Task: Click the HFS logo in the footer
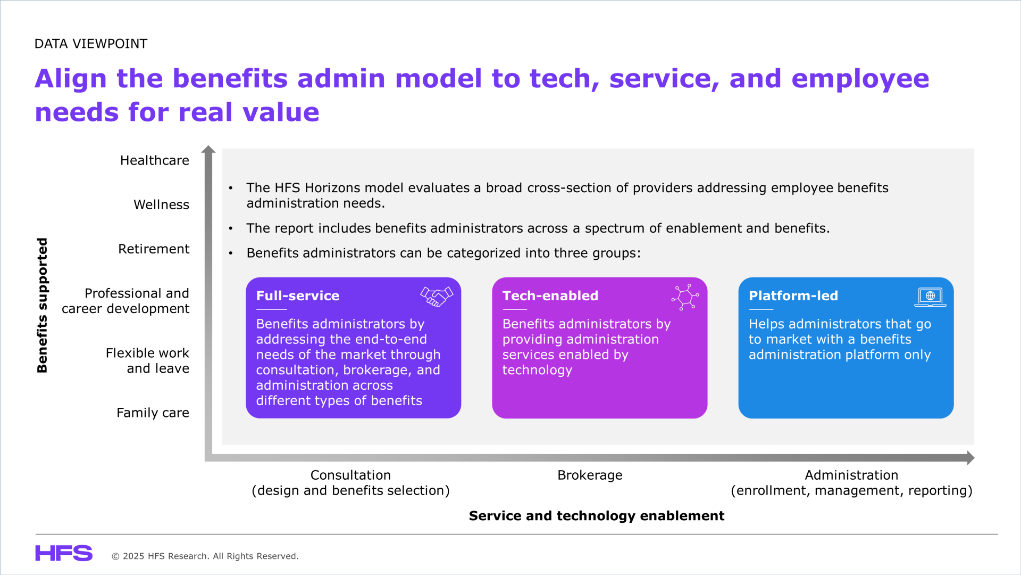tap(64, 553)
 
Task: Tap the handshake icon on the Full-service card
tap(437, 297)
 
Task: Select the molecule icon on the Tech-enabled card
tap(685, 297)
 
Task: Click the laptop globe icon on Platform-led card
tap(930, 297)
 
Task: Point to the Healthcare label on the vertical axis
tap(155, 160)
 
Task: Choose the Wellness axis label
tap(161, 204)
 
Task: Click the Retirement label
tap(154, 249)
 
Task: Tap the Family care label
tap(153, 413)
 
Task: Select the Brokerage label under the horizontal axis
tap(590, 475)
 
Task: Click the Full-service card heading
tap(298, 295)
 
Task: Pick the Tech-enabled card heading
tap(550, 295)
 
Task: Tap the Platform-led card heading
tap(793, 295)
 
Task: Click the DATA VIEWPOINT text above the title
tap(91, 44)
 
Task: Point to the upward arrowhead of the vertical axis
tap(208, 149)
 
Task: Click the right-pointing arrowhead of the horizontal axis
tap(970, 458)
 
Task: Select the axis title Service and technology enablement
tap(597, 515)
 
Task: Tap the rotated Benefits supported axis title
tap(42, 305)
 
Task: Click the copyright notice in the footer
tap(205, 556)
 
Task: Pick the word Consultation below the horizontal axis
tap(350, 475)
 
